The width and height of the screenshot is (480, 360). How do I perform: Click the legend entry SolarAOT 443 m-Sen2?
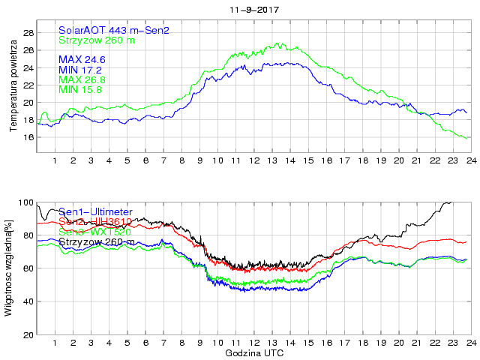114,30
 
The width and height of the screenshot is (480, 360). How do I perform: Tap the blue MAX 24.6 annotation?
82,58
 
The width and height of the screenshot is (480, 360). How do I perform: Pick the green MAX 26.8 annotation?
82,79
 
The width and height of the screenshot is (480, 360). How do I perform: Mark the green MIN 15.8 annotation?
81,89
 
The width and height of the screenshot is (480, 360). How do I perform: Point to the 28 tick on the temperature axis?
27,33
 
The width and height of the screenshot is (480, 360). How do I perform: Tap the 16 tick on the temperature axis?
27,137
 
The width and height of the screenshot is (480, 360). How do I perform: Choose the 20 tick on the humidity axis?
27,334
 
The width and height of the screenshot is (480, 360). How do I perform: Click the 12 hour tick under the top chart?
254,160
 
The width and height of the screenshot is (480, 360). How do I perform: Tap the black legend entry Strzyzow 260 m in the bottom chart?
95,241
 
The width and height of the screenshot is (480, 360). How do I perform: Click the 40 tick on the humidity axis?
27,301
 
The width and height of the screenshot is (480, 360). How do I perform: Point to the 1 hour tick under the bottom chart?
55,343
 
